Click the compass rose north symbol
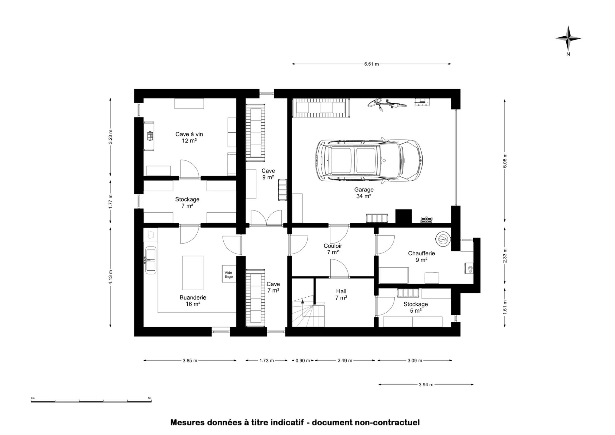click(568, 39)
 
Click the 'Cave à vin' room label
click(189, 134)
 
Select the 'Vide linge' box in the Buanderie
click(229, 274)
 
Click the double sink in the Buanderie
click(151, 260)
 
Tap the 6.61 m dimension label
click(371, 64)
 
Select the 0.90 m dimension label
click(303, 360)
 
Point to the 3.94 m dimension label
click(426, 385)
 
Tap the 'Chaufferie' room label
click(422, 253)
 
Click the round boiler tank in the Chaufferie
click(443, 240)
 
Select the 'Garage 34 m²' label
click(364, 193)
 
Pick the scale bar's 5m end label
click(149, 398)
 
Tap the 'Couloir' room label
click(333, 246)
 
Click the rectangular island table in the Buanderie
click(193, 273)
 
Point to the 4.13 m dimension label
click(111, 277)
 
